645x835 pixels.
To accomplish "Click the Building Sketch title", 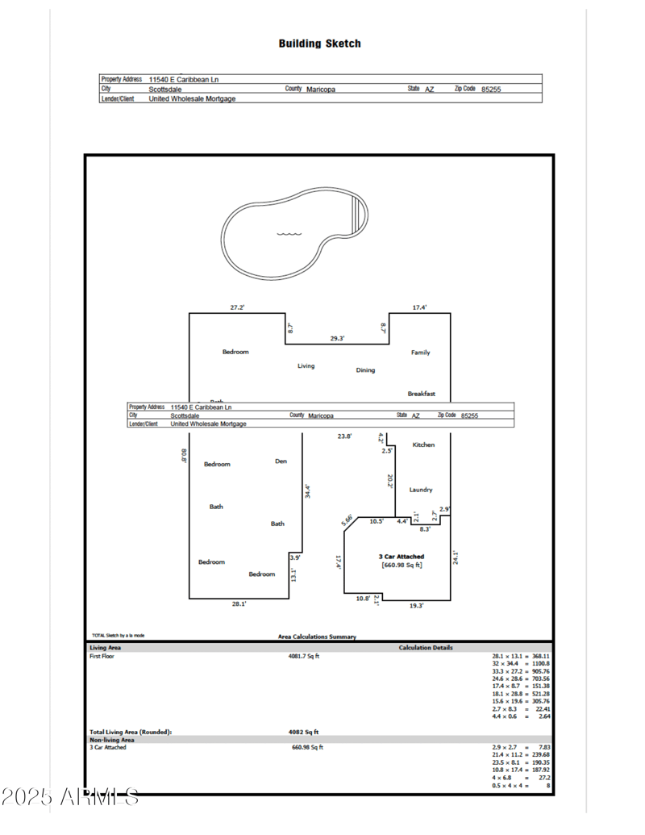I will (319, 44).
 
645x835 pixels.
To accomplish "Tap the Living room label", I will (306, 366).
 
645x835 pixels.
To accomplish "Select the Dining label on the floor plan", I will (365, 370).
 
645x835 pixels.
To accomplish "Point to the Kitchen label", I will (423, 445).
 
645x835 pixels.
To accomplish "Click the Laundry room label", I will (420, 490).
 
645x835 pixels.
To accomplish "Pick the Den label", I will (281, 461).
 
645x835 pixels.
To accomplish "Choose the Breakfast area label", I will (421, 394).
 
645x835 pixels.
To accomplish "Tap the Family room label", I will (420, 353).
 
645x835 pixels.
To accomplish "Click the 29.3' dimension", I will (337, 339).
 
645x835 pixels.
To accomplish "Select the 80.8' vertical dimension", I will (184, 457).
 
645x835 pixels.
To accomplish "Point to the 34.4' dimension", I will (307, 491).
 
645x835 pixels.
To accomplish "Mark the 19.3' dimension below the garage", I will (416, 605).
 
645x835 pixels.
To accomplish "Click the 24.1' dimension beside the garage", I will (456, 557).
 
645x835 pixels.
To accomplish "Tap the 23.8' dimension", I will (344, 436).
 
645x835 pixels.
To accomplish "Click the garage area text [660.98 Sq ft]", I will (402, 565).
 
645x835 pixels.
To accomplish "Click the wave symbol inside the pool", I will (289, 235).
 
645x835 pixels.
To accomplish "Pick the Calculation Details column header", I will (425, 647).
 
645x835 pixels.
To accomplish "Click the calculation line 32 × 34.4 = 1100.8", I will (521, 663).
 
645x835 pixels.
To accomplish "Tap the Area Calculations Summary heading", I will (317, 637).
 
